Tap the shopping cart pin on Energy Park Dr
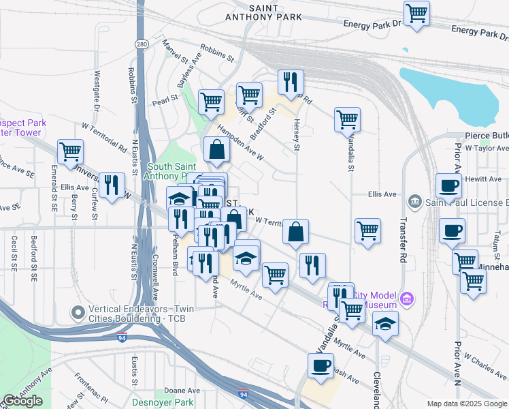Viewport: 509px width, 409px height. click(x=416, y=13)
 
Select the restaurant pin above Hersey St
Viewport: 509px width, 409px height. click(x=291, y=82)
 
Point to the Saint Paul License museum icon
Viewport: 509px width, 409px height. click(x=415, y=202)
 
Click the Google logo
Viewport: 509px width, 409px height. click(x=22, y=401)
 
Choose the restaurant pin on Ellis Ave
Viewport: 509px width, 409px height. click(x=112, y=185)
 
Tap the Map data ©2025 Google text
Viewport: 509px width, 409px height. click(x=467, y=404)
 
